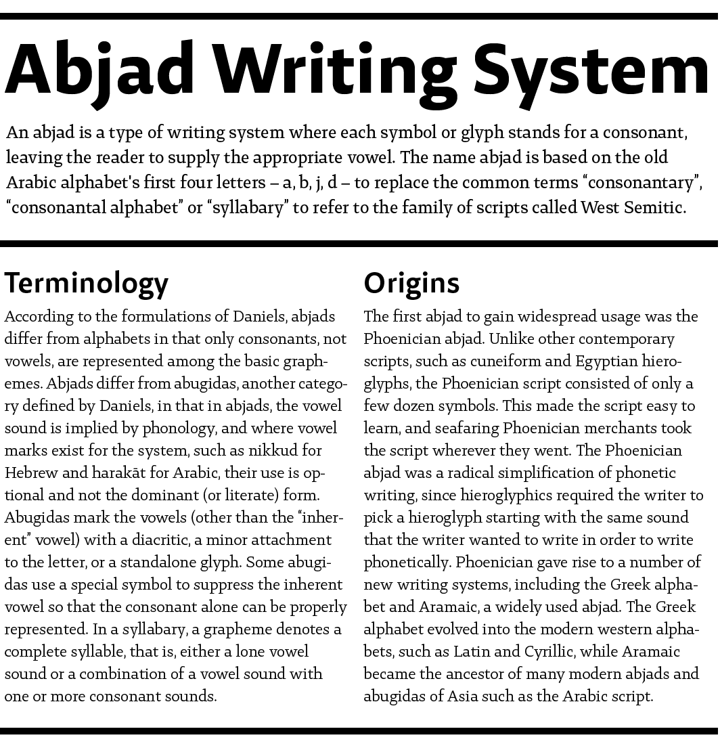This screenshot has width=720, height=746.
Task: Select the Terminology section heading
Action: pos(87,283)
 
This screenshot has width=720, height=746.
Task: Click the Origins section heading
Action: pos(411,283)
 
